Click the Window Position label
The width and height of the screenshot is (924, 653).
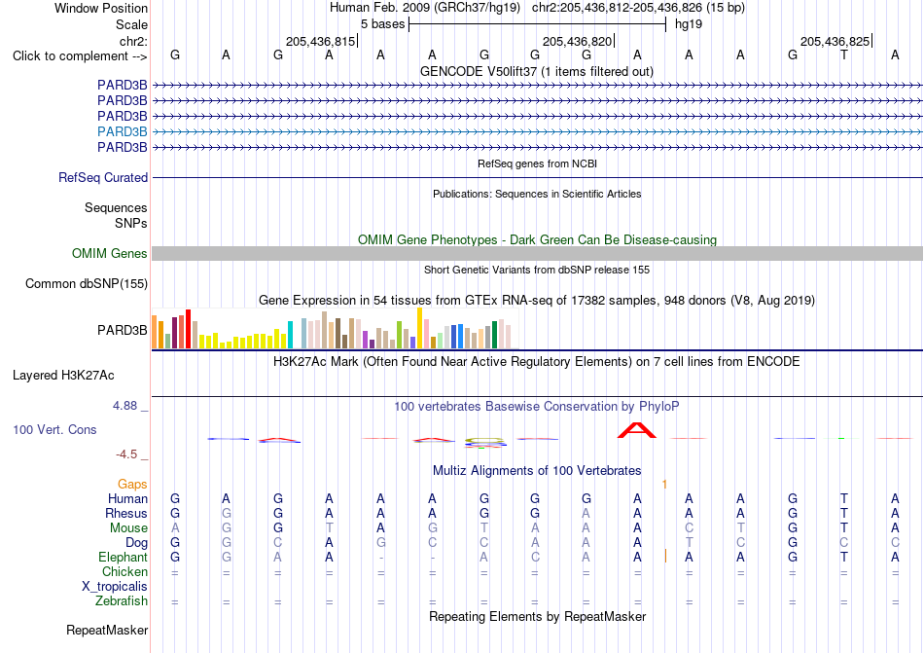click(101, 8)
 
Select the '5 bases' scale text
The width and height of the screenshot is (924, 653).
click(383, 24)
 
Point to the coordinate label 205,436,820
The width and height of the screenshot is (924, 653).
click(577, 41)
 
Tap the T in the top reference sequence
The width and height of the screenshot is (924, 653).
click(844, 55)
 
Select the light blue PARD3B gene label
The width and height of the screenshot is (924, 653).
click(122, 131)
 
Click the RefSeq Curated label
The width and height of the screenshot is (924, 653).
click(103, 177)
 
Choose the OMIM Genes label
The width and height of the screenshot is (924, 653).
click(110, 253)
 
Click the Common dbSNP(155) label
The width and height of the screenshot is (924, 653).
click(87, 283)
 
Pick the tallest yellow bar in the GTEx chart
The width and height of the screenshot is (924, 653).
click(419, 328)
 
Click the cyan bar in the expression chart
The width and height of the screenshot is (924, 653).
click(290, 335)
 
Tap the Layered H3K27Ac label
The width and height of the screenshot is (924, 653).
click(63, 376)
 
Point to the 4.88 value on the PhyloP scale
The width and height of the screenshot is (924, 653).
click(124, 406)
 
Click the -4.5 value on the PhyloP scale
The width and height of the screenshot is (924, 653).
click(126, 454)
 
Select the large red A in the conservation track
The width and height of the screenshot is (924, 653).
click(636, 430)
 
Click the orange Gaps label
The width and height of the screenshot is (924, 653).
click(132, 484)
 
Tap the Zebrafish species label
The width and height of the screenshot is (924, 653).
click(122, 601)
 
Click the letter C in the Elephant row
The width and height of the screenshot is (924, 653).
click(535, 557)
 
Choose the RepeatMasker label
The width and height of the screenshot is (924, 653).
click(107, 630)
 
